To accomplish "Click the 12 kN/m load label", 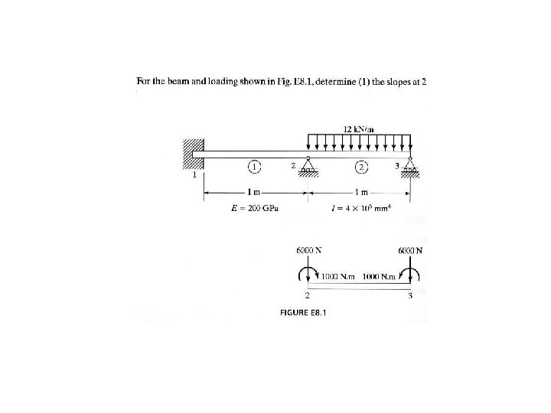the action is click(x=359, y=129).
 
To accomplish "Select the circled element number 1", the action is click(x=255, y=167).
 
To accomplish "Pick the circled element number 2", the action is click(x=360, y=167).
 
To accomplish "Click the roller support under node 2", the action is click(x=308, y=169).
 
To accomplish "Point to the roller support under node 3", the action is click(x=409, y=169).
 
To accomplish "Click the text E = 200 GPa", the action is click(x=255, y=209).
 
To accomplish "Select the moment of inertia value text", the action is click(x=357, y=209).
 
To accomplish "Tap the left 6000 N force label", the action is click(x=308, y=250).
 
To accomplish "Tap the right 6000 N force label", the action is click(x=411, y=250).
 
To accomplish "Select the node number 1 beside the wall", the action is click(x=194, y=176).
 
